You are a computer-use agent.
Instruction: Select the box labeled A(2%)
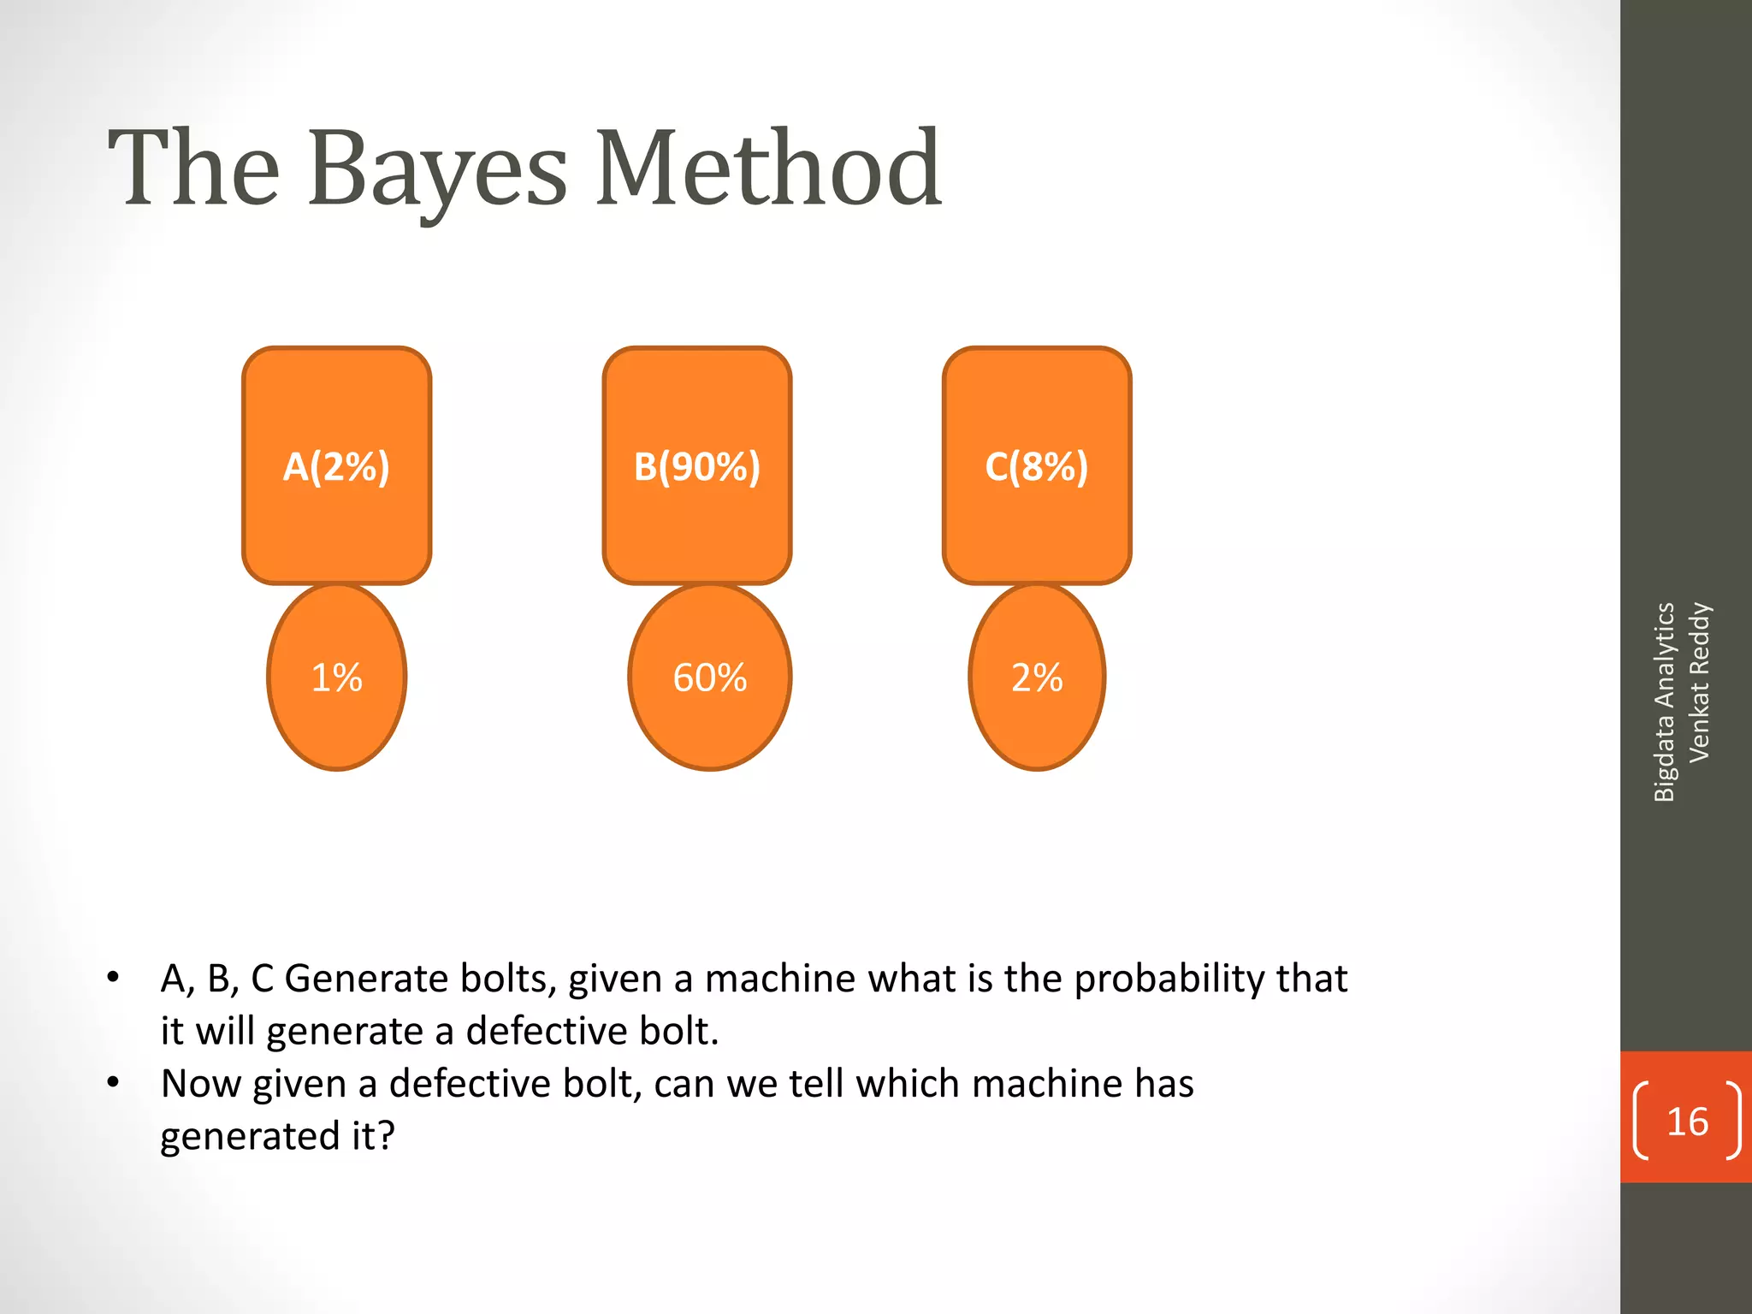pyautogui.click(x=336, y=466)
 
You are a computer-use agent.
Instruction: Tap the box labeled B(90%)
pyautogui.click(x=696, y=466)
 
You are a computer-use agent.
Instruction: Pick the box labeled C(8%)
pyautogui.click(x=1036, y=466)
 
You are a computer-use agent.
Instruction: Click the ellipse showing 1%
pyautogui.click(x=336, y=678)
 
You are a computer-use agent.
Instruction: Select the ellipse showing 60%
pyautogui.click(x=709, y=678)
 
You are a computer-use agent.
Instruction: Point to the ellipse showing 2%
pyautogui.click(x=1036, y=678)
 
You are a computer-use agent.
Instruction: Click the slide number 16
pyautogui.click(x=1686, y=1122)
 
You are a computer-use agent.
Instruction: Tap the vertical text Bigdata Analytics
pyautogui.click(x=1663, y=701)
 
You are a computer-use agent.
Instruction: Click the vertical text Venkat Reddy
pyautogui.click(x=1699, y=683)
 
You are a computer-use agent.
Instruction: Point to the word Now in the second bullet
pyautogui.click(x=201, y=1084)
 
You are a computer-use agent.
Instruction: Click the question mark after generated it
pyautogui.click(x=386, y=1136)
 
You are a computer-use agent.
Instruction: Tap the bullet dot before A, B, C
pyautogui.click(x=113, y=977)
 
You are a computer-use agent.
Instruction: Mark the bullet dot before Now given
pyautogui.click(x=113, y=1082)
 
